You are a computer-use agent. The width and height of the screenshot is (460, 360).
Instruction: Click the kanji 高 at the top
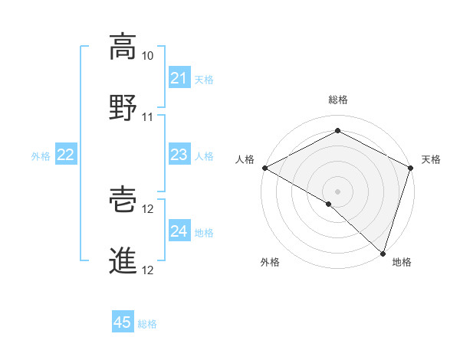123,47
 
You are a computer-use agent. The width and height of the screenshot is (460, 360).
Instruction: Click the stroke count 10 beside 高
148,56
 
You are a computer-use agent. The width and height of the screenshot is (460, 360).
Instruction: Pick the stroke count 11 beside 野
148,116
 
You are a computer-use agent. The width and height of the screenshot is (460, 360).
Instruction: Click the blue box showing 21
179,78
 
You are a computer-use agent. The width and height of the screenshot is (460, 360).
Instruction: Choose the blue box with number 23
179,155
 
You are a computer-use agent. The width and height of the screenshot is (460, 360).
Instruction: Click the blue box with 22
66,155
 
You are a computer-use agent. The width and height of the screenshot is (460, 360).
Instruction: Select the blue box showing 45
123,322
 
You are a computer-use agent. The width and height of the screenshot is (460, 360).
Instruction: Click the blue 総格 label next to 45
147,324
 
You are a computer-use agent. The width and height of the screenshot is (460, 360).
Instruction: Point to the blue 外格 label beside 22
41,156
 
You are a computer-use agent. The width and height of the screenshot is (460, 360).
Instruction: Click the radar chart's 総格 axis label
337,100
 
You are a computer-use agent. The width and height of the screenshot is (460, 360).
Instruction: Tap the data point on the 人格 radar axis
264,168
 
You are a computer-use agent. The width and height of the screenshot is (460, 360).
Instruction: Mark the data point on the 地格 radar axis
383,253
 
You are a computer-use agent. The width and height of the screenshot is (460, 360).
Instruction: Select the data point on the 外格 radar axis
329,204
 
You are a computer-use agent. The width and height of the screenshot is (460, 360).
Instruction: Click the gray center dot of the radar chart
337,191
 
